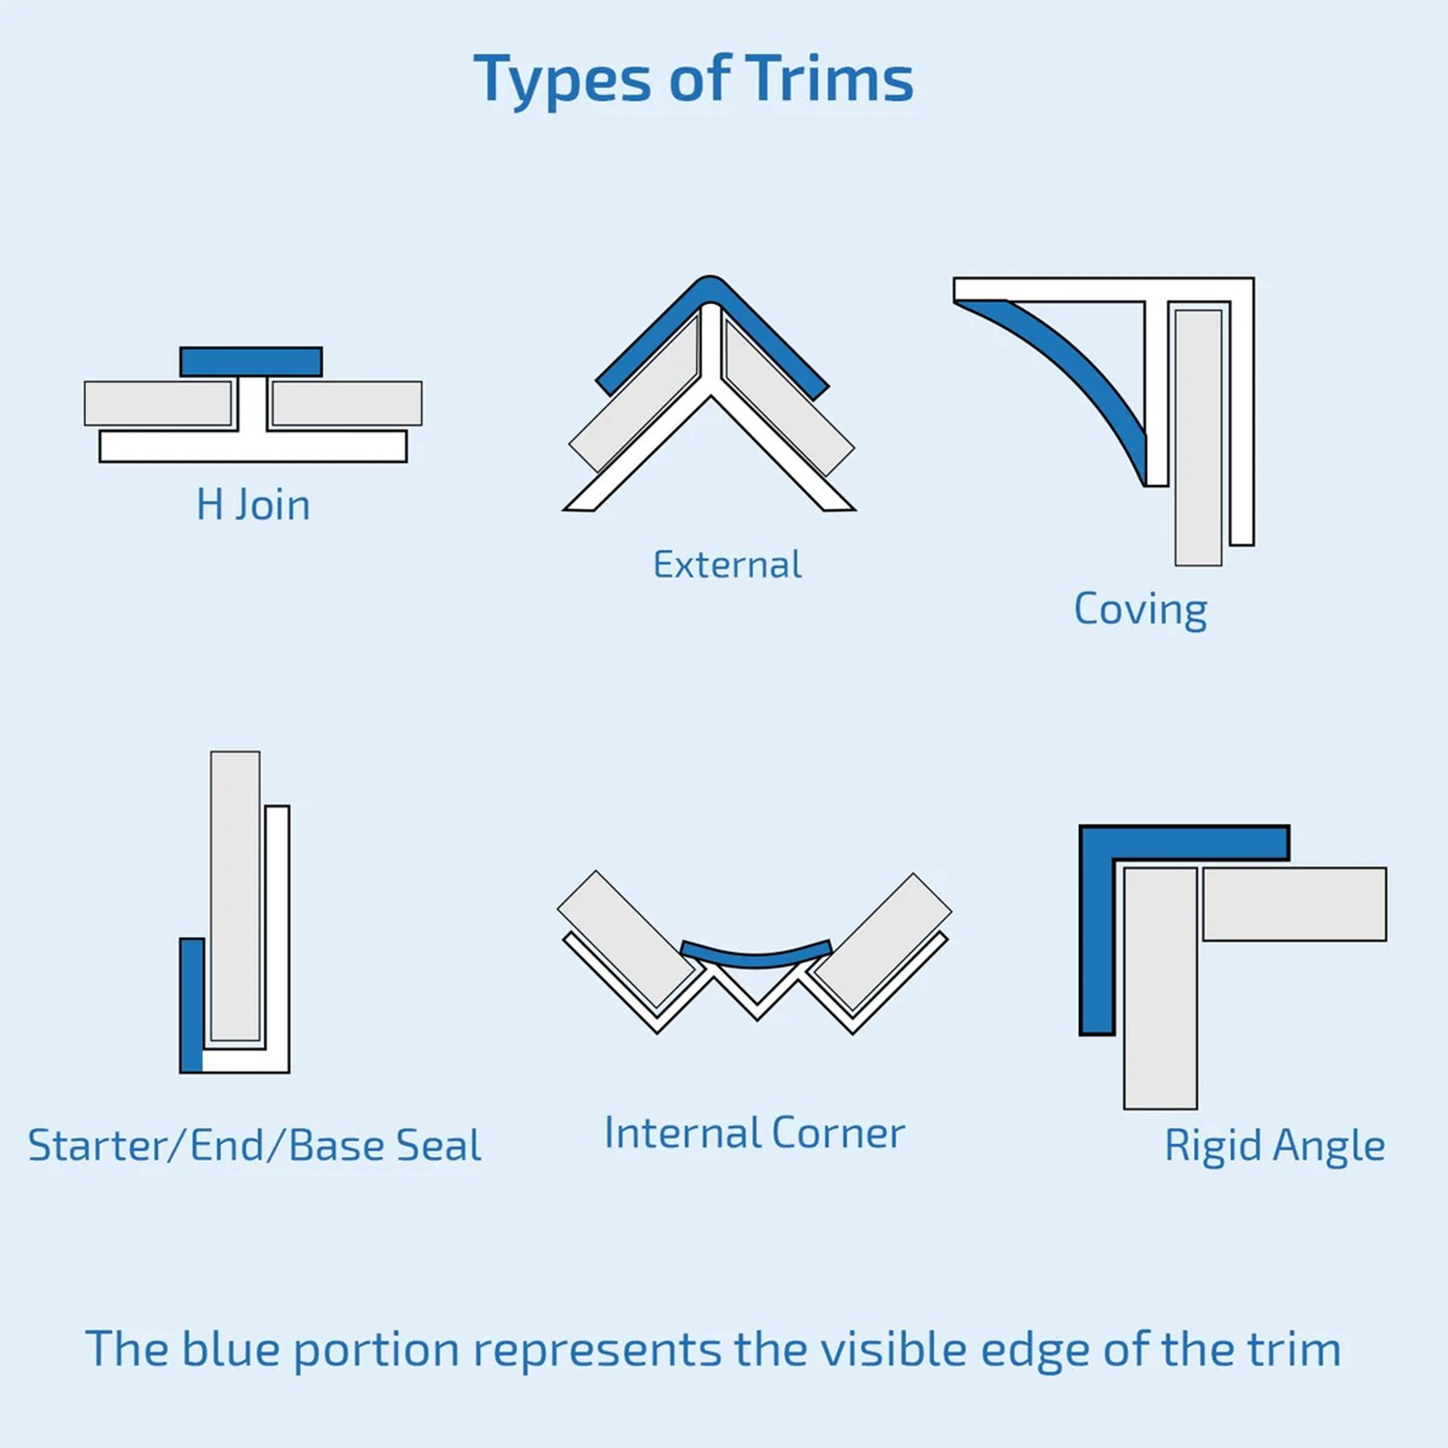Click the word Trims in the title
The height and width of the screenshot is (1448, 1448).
pos(829,80)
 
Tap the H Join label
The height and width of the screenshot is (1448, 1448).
pos(253,505)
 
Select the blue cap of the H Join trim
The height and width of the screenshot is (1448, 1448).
pos(251,361)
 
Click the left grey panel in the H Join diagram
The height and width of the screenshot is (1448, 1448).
pos(158,403)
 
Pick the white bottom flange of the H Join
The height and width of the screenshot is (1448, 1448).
pos(252,446)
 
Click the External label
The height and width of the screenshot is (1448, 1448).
pos(727,565)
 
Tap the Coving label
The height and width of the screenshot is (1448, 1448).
pos(1139,608)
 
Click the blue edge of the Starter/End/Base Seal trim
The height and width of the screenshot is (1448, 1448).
pos(191,1005)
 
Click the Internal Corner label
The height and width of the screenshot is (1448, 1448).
pos(754,1133)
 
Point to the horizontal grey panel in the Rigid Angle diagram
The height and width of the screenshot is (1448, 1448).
pos(1294,904)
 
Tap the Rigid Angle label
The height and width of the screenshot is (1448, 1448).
pos(1273,1146)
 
